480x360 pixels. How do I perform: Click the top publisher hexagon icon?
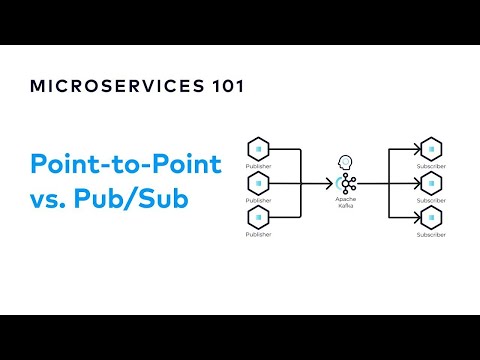258,150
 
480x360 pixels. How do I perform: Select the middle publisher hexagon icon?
258,184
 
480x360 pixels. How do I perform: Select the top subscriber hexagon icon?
433,150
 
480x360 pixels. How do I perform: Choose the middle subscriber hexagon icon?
433,184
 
